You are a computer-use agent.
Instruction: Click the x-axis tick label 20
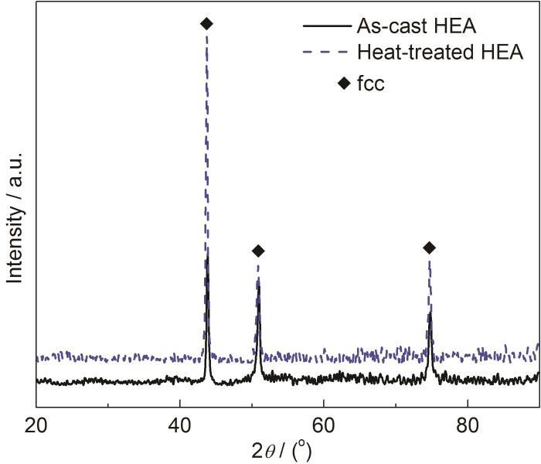click(36, 425)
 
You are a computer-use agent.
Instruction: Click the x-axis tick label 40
click(180, 425)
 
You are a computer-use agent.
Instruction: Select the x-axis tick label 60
click(324, 425)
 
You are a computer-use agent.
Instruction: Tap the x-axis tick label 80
click(468, 425)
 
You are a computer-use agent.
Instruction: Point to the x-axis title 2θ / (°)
click(281, 449)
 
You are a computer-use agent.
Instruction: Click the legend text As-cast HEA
click(416, 27)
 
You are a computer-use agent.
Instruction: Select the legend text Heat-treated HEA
click(441, 53)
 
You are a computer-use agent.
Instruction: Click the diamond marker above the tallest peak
click(206, 24)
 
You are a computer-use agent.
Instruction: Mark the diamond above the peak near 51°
click(258, 251)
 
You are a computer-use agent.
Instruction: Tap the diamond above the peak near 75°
click(430, 247)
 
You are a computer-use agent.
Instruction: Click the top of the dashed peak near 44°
click(206, 35)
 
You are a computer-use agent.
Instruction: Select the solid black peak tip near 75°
click(430, 312)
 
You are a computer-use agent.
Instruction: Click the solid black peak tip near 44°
click(207, 257)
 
